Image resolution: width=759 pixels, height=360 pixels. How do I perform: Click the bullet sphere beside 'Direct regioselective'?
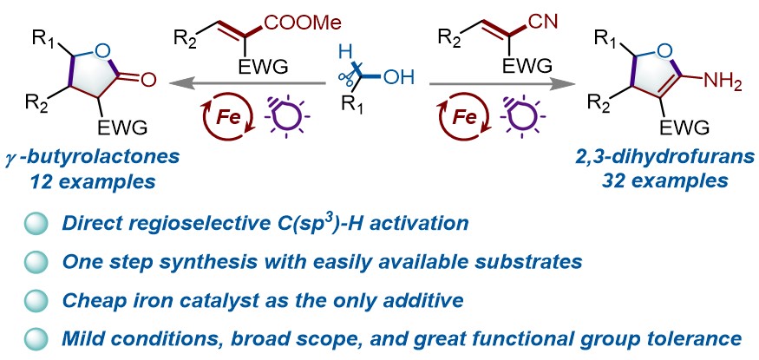pyautogui.click(x=36, y=223)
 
